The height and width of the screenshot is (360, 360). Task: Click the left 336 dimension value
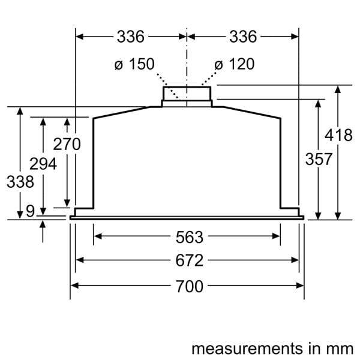131,37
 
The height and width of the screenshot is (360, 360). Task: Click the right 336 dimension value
242,37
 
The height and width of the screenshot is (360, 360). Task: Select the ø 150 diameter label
134,64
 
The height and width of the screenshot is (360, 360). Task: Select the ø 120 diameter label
234,64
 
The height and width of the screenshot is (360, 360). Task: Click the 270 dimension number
67,144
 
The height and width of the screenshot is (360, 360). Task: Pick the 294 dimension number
43,164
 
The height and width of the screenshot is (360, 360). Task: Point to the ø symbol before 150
119,64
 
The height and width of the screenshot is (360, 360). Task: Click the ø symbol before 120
218,64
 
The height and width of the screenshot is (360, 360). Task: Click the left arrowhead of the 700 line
74,286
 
